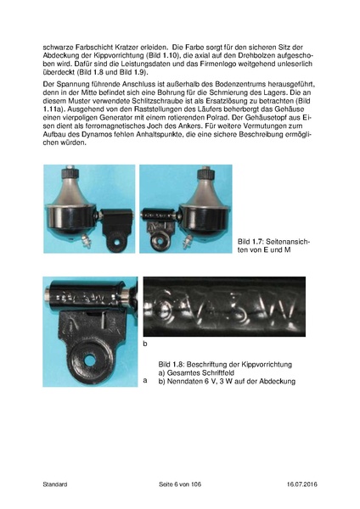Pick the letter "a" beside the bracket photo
click(x=145, y=382)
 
